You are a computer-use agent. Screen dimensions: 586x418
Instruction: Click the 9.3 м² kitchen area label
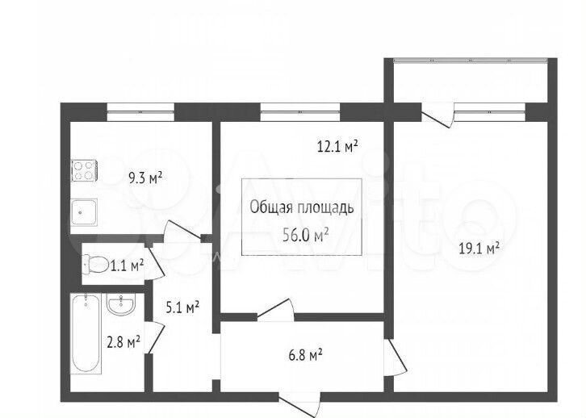click(x=145, y=178)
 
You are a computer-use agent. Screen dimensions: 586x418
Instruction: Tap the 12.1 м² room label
click(x=337, y=146)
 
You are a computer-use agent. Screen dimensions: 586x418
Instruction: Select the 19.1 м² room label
click(x=479, y=248)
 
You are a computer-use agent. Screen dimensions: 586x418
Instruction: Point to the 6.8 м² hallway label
click(x=305, y=354)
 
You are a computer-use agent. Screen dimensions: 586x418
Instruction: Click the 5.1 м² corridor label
click(x=182, y=307)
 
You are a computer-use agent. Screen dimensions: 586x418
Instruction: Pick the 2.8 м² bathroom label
click(x=123, y=341)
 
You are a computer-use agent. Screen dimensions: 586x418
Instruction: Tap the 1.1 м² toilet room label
click(x=127, y=265)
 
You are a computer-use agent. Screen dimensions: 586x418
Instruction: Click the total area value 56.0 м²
click(x=306, y=235)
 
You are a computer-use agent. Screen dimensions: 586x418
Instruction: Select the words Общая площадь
click(x=302, y=207)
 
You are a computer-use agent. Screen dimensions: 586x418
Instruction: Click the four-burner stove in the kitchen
click(x=85, y=171)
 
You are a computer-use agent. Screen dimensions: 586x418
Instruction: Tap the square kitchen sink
click(x=85, y=212)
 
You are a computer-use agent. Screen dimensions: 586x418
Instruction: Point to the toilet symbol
click(x=95, y=264)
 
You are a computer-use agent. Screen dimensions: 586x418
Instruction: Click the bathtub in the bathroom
click(x=86, y=333)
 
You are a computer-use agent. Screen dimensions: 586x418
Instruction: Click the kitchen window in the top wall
click(x=140, y=112)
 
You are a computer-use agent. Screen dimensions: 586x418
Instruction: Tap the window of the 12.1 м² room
click(x=300, y=112)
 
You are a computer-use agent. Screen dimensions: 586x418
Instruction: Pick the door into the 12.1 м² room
click(x=275, y=310)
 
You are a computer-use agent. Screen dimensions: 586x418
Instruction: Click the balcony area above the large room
click(x=471, y=82)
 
